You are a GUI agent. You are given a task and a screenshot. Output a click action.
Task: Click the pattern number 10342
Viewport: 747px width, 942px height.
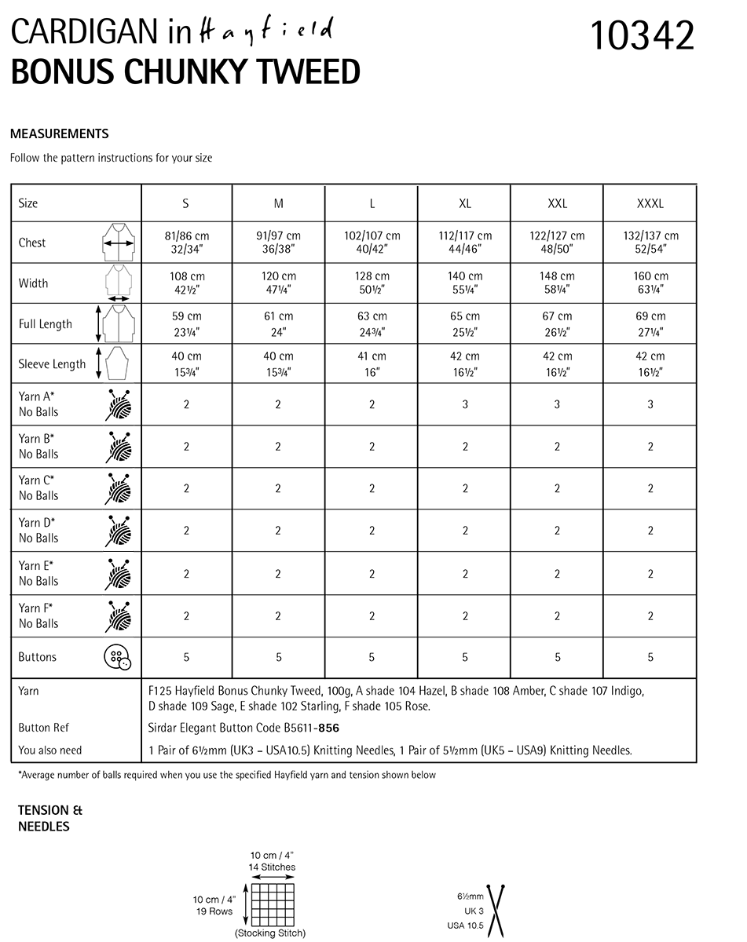tap(642, 35)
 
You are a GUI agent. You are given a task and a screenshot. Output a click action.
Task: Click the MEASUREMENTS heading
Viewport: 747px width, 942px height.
tap(60, 133)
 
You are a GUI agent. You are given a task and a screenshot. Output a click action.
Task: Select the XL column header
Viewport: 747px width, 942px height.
tap(465, 203)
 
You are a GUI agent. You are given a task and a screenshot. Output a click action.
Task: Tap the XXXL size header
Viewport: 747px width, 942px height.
tap(650, 203)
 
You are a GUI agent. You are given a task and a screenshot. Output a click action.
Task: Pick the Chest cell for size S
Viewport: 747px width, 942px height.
tap(186, 243)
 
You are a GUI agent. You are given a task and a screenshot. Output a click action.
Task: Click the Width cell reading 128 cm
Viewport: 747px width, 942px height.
tap(372, 283)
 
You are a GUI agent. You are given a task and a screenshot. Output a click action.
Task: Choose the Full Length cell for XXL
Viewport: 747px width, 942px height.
tap(558, 323)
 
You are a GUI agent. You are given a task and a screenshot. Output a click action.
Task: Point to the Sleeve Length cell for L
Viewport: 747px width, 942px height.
tap(372, 363)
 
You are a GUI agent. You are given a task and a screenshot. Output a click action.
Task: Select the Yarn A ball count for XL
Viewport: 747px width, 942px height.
tap(465, 404)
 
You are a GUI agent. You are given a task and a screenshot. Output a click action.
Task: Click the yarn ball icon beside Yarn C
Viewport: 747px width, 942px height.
tap(118, 488)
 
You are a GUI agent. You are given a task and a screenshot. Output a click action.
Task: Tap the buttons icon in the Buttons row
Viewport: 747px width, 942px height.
tap(117, 657)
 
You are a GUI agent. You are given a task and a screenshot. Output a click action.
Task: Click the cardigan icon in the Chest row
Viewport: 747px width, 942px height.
tap(118, 243)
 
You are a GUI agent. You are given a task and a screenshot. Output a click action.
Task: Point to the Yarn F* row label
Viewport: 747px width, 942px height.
tap(38, 615)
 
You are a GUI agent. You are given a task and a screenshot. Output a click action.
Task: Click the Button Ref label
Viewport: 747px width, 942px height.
tap(44, 728)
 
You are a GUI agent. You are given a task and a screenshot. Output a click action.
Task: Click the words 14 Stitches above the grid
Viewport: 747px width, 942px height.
tap(272, 867)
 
